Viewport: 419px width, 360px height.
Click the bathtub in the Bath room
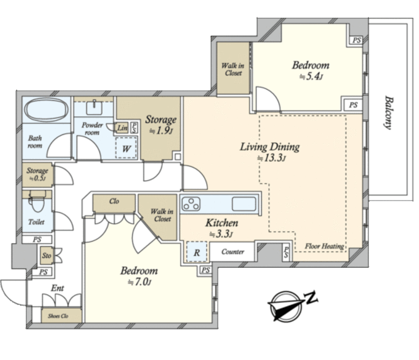point(46,110)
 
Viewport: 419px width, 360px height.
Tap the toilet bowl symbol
point(37,201)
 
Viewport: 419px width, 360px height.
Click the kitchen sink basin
point(244,204)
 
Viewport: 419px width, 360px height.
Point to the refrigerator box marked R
point(197,251)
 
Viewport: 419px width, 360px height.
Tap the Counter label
point(233,251)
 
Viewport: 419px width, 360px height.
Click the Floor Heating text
point(325,246)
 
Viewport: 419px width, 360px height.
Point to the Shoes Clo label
point(58,316)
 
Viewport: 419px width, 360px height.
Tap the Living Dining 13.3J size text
point(272,158)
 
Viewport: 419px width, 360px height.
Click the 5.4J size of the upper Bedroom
point(311,77)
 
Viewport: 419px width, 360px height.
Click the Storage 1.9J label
point(161,124)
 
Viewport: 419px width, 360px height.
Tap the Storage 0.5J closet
point(37,174)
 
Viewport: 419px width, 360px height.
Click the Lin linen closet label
point(122,128)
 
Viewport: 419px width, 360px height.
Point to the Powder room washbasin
point(94,108)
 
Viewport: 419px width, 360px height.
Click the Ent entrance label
point(57,288)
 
